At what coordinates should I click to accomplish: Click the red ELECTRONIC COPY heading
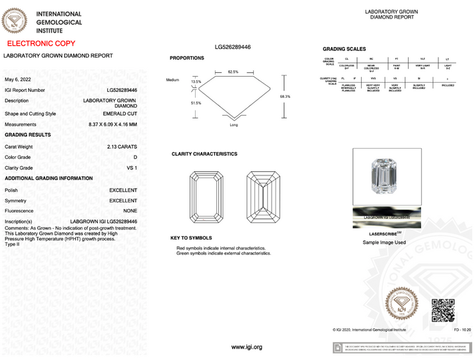click(41, 43)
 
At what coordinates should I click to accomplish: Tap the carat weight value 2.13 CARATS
click(122, 146)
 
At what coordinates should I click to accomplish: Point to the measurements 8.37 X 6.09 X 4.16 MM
click(112, 124)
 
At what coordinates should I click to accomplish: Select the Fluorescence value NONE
click(130, 210)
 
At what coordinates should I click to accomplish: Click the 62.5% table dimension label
click(233, 71)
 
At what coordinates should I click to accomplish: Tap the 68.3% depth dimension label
click(285, 97)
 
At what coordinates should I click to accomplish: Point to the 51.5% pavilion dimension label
click(196, 103)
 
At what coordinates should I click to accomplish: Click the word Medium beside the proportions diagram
click(173, 80)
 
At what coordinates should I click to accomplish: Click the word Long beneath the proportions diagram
click(233, 124)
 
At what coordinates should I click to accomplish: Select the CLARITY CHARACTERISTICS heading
click(204, 154)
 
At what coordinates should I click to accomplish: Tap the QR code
click(443, 310)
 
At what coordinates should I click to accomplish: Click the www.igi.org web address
click(247, 347)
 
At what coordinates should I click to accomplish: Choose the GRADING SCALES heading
click(344, 50)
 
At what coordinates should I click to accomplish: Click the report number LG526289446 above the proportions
click(233, 47)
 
